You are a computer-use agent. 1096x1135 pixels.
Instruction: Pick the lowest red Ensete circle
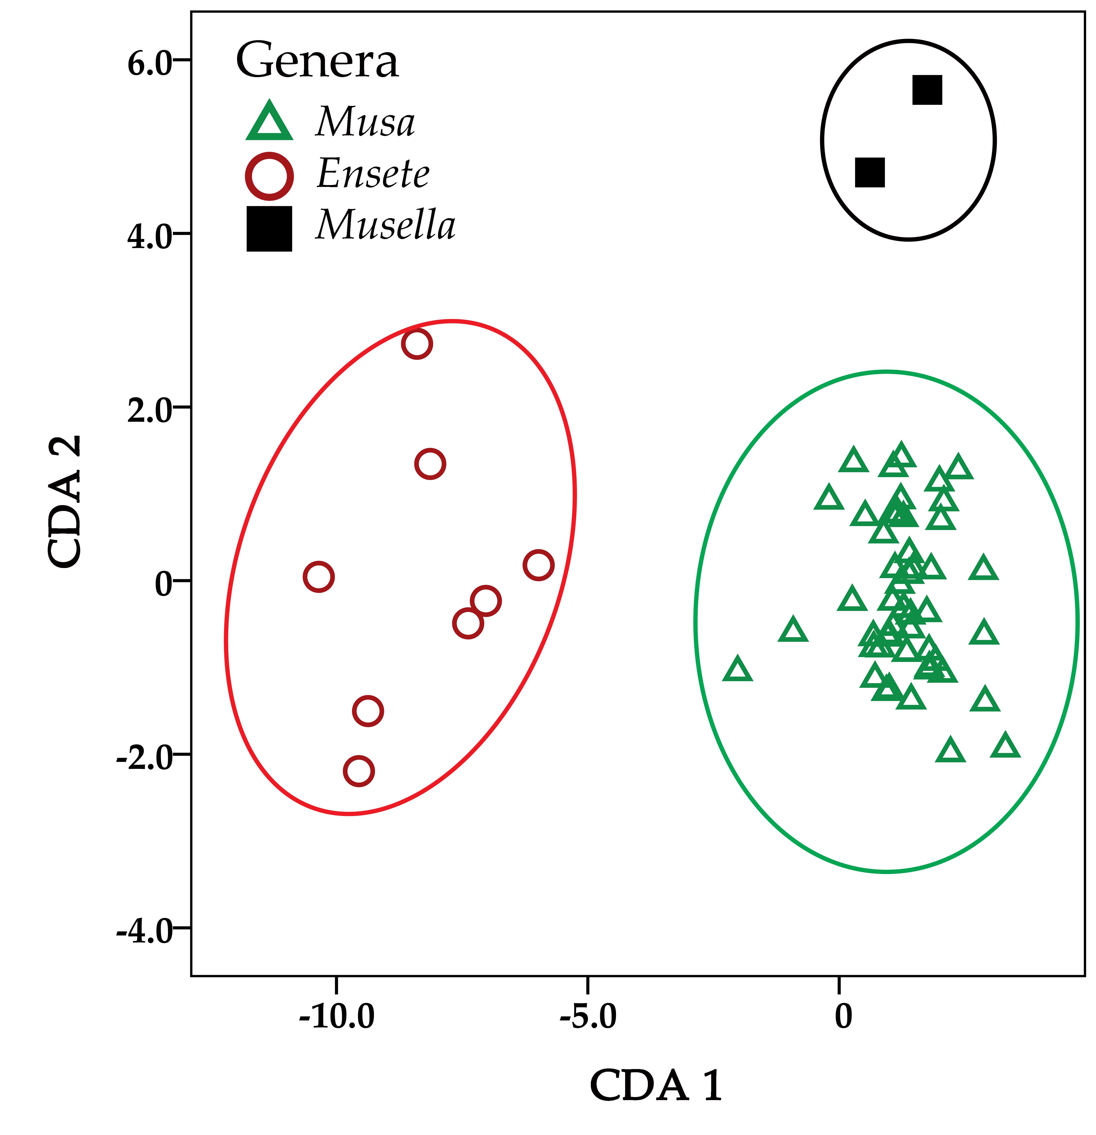(x=359, y=771)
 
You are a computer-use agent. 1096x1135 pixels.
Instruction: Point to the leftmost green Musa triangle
(x=737, y=670)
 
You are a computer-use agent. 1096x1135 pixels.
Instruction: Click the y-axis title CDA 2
(x=65, y=501)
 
